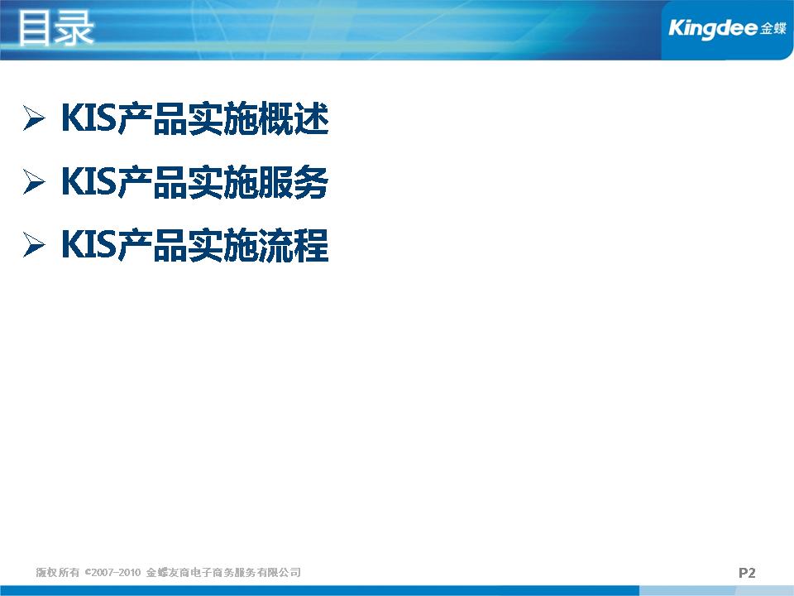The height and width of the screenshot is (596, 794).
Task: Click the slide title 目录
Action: (x=55, y=28)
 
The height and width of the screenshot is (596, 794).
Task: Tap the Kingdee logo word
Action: (x=713, y=28)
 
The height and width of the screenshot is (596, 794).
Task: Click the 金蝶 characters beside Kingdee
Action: (x=773, y=28)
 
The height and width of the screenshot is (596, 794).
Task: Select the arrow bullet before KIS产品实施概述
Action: (x=34, y=118)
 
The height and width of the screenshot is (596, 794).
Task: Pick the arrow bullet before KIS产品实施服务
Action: (x=34, y=181)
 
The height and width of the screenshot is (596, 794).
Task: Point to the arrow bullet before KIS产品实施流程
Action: (x=34, y=245)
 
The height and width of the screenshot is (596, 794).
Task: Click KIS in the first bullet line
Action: (x=89, y=118)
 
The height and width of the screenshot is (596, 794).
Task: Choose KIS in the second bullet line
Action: (x=89, y=181)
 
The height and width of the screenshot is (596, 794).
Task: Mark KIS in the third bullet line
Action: (x=89, y=245)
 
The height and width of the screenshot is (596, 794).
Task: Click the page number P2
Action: (x=747, y=573)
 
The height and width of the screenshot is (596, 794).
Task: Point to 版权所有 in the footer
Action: (x=58, y=572)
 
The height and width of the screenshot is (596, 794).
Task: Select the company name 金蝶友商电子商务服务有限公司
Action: (x=223, y=572)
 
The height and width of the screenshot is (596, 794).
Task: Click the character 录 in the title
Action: (x=74, y=28)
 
